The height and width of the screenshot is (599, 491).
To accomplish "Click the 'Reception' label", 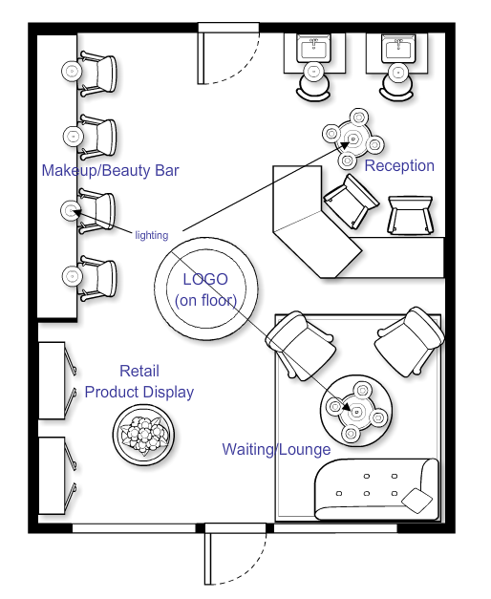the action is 399,166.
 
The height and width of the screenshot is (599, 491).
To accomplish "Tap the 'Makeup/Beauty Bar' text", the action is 110,170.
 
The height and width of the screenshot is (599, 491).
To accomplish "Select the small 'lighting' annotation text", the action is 152,235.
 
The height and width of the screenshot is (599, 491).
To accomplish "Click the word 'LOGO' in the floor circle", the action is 205,279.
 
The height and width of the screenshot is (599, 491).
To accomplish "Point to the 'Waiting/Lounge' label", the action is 276,449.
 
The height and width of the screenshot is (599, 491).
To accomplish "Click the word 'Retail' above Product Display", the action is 139,371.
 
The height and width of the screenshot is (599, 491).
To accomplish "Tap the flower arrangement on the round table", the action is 143,435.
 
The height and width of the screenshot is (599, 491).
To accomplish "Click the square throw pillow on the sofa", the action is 416,500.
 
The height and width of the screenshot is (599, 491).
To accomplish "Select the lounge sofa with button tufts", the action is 376,489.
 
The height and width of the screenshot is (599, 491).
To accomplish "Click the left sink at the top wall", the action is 314,48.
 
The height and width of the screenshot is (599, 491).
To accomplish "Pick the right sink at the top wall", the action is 398,48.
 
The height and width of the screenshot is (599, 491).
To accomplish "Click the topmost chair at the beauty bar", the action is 98,73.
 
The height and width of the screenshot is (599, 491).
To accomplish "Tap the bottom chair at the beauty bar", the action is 98,277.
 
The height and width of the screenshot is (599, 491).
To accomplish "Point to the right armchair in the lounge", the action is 410,341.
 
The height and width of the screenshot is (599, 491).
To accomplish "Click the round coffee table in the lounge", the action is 356,411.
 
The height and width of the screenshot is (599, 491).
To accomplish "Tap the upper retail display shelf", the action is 53,380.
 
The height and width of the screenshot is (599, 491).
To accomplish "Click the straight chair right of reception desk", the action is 411,215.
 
